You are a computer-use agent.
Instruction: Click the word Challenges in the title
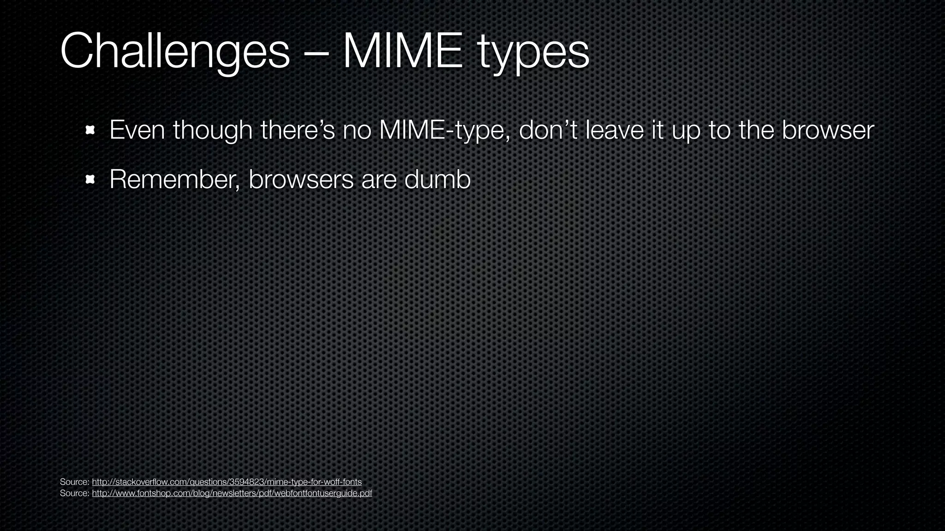coord(174,52)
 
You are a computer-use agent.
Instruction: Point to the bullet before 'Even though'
coord(90,130)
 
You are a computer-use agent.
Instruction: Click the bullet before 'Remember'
coord(90,180)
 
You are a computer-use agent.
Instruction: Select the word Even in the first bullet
coord(137,130)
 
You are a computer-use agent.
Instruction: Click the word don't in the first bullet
coord(549,130)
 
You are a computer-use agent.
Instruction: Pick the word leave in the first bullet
coord(615,130)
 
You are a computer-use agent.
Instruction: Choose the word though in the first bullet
coord(213,131)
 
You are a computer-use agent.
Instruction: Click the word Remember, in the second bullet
coord(175,179)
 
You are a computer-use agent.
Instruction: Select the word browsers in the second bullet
coord(301,179)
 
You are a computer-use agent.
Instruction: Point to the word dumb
coord(437,179)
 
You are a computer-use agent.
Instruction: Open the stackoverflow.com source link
coord(227,482)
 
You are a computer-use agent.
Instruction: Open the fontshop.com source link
coord(232,493)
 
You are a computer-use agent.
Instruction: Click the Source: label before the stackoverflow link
coord(74,482)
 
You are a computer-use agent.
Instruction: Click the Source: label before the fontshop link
coord(74,493)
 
